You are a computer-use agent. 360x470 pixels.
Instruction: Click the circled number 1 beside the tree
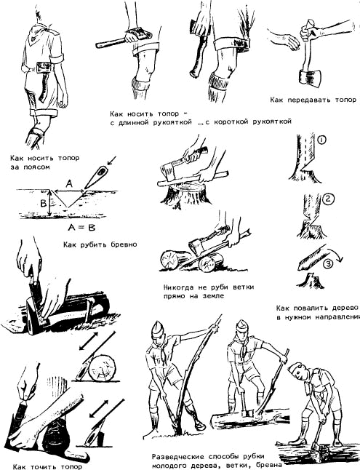tap(321, 140)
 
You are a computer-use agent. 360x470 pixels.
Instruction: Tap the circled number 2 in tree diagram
tap(328, 199)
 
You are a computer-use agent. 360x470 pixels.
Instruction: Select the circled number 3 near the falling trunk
tap(329, 264)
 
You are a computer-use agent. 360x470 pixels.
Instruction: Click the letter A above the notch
tap(69, 183)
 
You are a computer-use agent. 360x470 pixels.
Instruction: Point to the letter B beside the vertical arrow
tap(44, 204)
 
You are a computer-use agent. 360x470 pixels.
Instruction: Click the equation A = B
tap(81, 228)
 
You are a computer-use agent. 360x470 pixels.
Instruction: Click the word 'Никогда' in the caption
tap(179, 287)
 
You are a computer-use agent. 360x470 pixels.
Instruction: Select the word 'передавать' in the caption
tap(311, 100)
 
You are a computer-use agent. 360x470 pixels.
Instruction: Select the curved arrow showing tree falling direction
tap(335, 254)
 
